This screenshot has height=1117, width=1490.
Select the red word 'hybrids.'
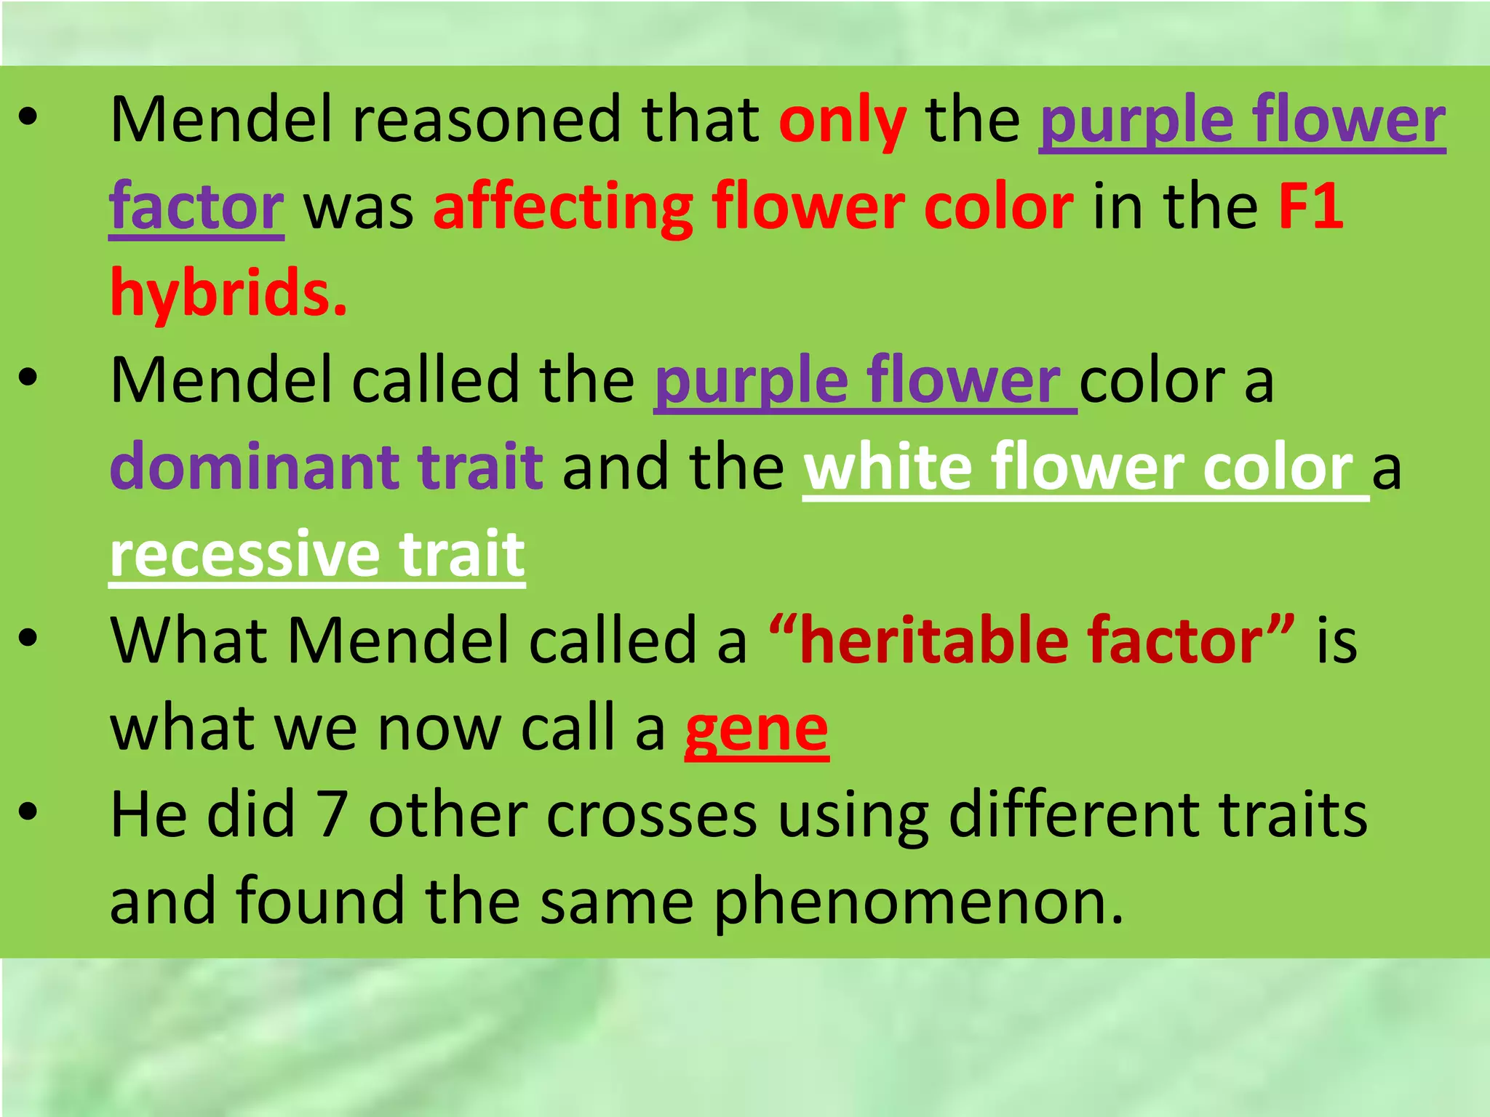pyautogui.click(x=228, y=294)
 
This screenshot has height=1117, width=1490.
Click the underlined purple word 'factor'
pyautogui.click(x=196, y=208)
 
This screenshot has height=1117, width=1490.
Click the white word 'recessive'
pyautogui.click(x=245, y=554)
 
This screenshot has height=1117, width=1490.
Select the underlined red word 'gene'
pyautogui.click(x=757, y=729)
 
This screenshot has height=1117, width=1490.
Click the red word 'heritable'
pyautogui.click(x=933, y=641)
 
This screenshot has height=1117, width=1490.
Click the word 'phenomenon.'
pyautogui.click(x=919, y=902)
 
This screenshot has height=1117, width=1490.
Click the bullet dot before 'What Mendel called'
pyautogui.click(x=28, y=638)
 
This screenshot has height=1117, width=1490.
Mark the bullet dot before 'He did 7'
pyautogui.click(x=28, y=812)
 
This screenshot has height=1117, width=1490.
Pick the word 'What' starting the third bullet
pyautogui.click(x=189, y=641)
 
